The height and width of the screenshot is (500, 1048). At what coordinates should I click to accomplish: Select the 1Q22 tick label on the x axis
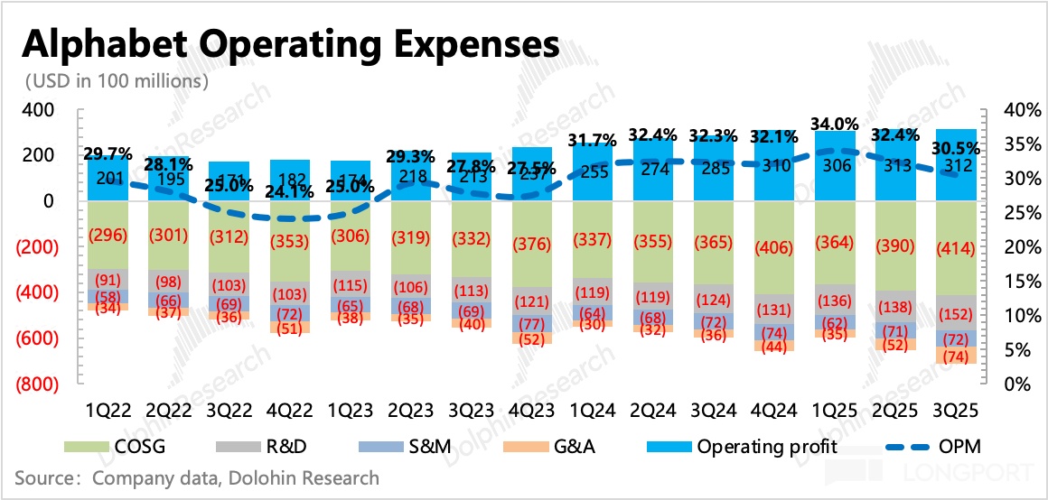pyautogui.click(x=107, y=409)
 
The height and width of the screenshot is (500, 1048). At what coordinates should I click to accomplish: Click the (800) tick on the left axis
pyautogui.click(x=33, y=384)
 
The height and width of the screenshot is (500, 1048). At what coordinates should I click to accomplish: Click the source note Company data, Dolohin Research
pyautogui.click(x=197, y=477)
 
